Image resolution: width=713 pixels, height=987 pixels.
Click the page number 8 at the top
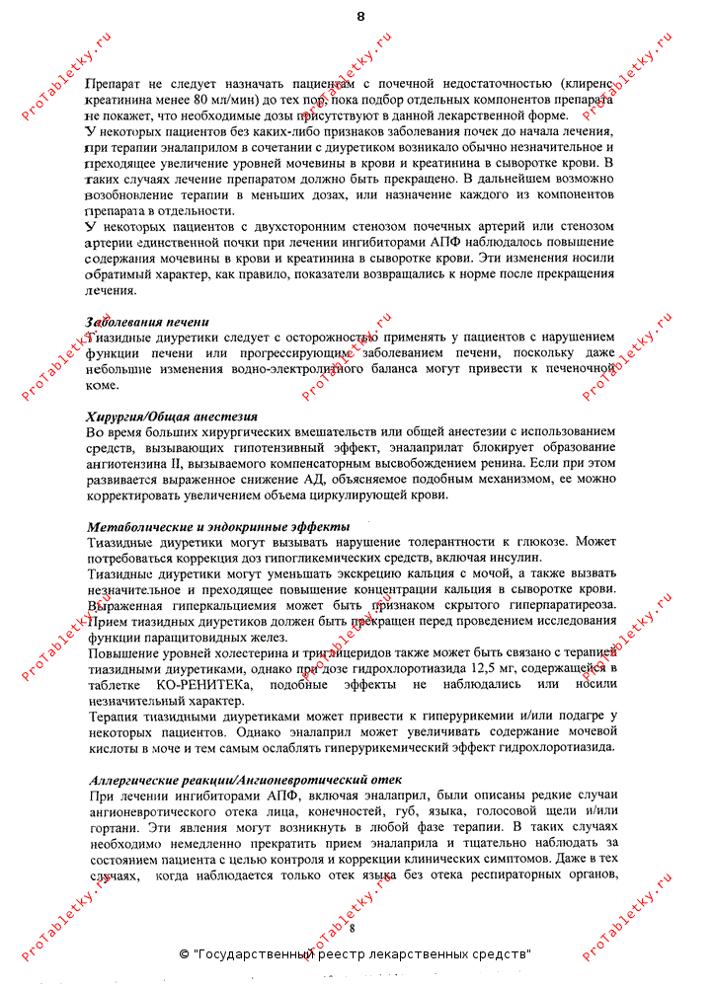[x=359, y=17]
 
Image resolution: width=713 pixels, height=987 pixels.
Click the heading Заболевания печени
[x=147, y=322]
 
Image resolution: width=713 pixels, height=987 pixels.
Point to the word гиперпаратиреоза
[x=554, y=604]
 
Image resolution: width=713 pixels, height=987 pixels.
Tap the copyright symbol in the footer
[x=185, y=954]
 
